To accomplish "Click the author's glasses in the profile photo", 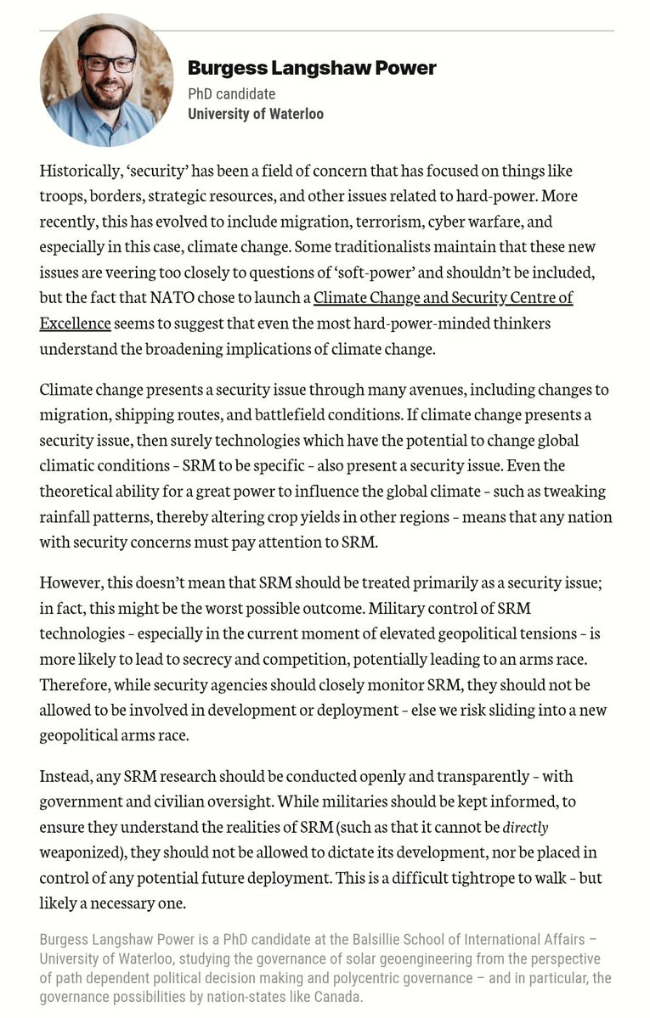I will [x=106, y=64].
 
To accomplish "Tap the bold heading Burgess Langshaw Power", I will [x=312, y=67].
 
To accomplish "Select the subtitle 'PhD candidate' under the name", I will [x=231, y=93].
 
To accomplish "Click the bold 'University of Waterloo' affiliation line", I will [x=255, y=114].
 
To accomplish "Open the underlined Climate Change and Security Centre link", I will [x=443, y=298].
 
